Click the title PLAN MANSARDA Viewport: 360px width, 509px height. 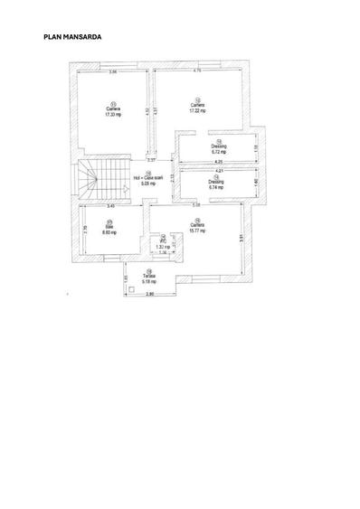72,38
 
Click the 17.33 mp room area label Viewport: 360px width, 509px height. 113,115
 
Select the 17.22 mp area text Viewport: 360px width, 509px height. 197,109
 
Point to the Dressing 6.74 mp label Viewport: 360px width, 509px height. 215,185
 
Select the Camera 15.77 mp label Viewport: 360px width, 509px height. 196,229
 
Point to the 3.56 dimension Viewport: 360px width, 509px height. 113,71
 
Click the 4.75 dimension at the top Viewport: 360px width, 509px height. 197,71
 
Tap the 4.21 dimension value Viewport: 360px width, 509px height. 218,171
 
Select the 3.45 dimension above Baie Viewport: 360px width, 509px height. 109,207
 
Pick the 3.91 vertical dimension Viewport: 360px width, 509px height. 242,237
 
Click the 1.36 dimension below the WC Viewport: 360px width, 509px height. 163,252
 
